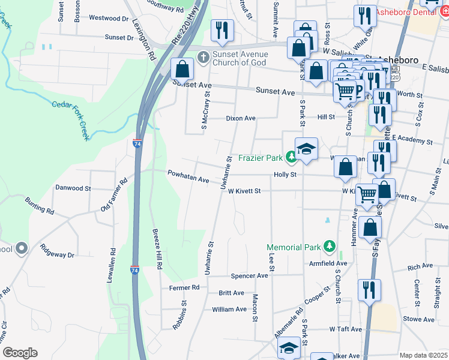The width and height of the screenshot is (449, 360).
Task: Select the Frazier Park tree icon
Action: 291,158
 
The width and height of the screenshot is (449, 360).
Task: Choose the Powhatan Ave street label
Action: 188,179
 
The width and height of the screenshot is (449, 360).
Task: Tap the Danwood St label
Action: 73,188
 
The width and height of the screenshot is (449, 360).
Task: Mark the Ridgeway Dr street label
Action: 56,251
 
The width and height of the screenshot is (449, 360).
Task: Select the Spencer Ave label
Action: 249,276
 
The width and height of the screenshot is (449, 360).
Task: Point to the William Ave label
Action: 229,310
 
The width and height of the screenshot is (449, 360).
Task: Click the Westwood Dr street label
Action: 109,19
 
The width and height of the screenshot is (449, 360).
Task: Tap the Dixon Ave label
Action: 241,118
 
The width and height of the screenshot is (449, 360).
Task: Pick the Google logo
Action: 20,353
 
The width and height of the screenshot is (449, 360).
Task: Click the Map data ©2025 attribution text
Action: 423,355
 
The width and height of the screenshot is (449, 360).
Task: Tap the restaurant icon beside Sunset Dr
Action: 223,31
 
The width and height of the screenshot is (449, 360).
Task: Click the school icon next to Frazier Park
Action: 306,149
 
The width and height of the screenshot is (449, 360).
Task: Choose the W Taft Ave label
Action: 345,329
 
